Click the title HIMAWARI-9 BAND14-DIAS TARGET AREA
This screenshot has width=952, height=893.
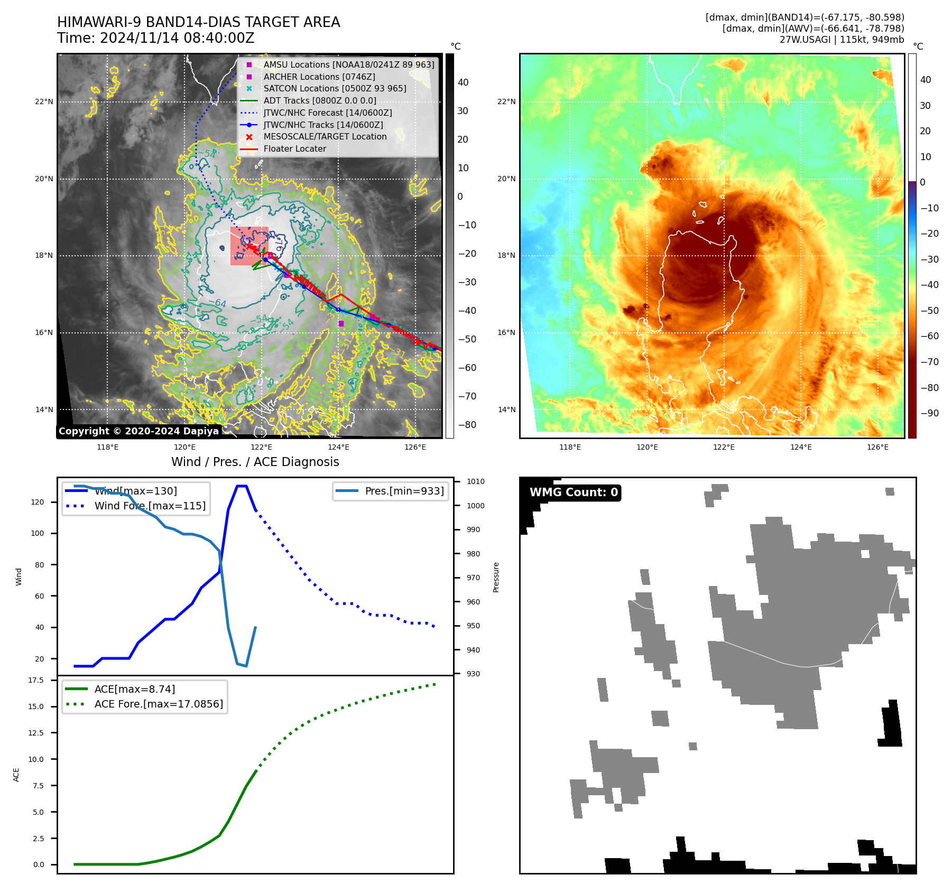coord(198,22)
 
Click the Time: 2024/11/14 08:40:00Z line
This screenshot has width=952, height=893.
coord(156,38)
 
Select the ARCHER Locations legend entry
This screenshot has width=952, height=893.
coord(319,77)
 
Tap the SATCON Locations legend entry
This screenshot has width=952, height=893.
coord(335,88)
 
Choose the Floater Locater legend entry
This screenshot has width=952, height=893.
coord(294,148)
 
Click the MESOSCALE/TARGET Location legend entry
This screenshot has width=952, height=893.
coord(325,136)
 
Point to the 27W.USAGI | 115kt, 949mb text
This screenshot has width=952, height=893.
coord(842,40)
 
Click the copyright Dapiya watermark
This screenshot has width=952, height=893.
coord(138,431)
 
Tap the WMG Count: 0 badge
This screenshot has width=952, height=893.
coord(574,492)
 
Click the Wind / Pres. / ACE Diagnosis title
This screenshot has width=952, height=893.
coord(255,462)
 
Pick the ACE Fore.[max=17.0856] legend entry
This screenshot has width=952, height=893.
coord(159,704)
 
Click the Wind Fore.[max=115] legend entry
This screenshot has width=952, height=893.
coord(150,506)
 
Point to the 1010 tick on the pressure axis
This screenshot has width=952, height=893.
coord(475,481)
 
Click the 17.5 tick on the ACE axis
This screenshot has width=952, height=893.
coord(36,680)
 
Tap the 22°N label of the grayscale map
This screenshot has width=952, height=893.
coord(44,101)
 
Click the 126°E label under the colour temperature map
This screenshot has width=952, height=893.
coord(877,447)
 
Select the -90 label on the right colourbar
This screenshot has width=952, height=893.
coord(929,413)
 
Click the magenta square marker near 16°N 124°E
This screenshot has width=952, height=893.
coord(341,323)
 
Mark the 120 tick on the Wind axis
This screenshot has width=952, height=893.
coord(38,502)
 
